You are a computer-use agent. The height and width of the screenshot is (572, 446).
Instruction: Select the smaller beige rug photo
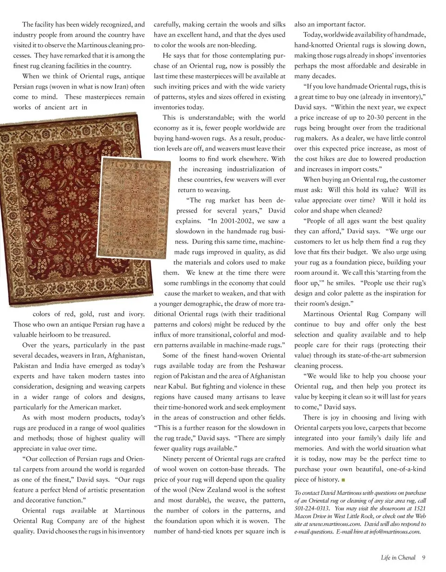tap(134, 208)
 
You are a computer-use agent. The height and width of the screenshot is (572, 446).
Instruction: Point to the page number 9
tap(424, 558)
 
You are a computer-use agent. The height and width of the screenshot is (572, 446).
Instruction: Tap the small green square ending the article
tap(343, 480)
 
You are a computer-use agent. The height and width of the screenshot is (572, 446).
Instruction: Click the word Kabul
tap(177, 386)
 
